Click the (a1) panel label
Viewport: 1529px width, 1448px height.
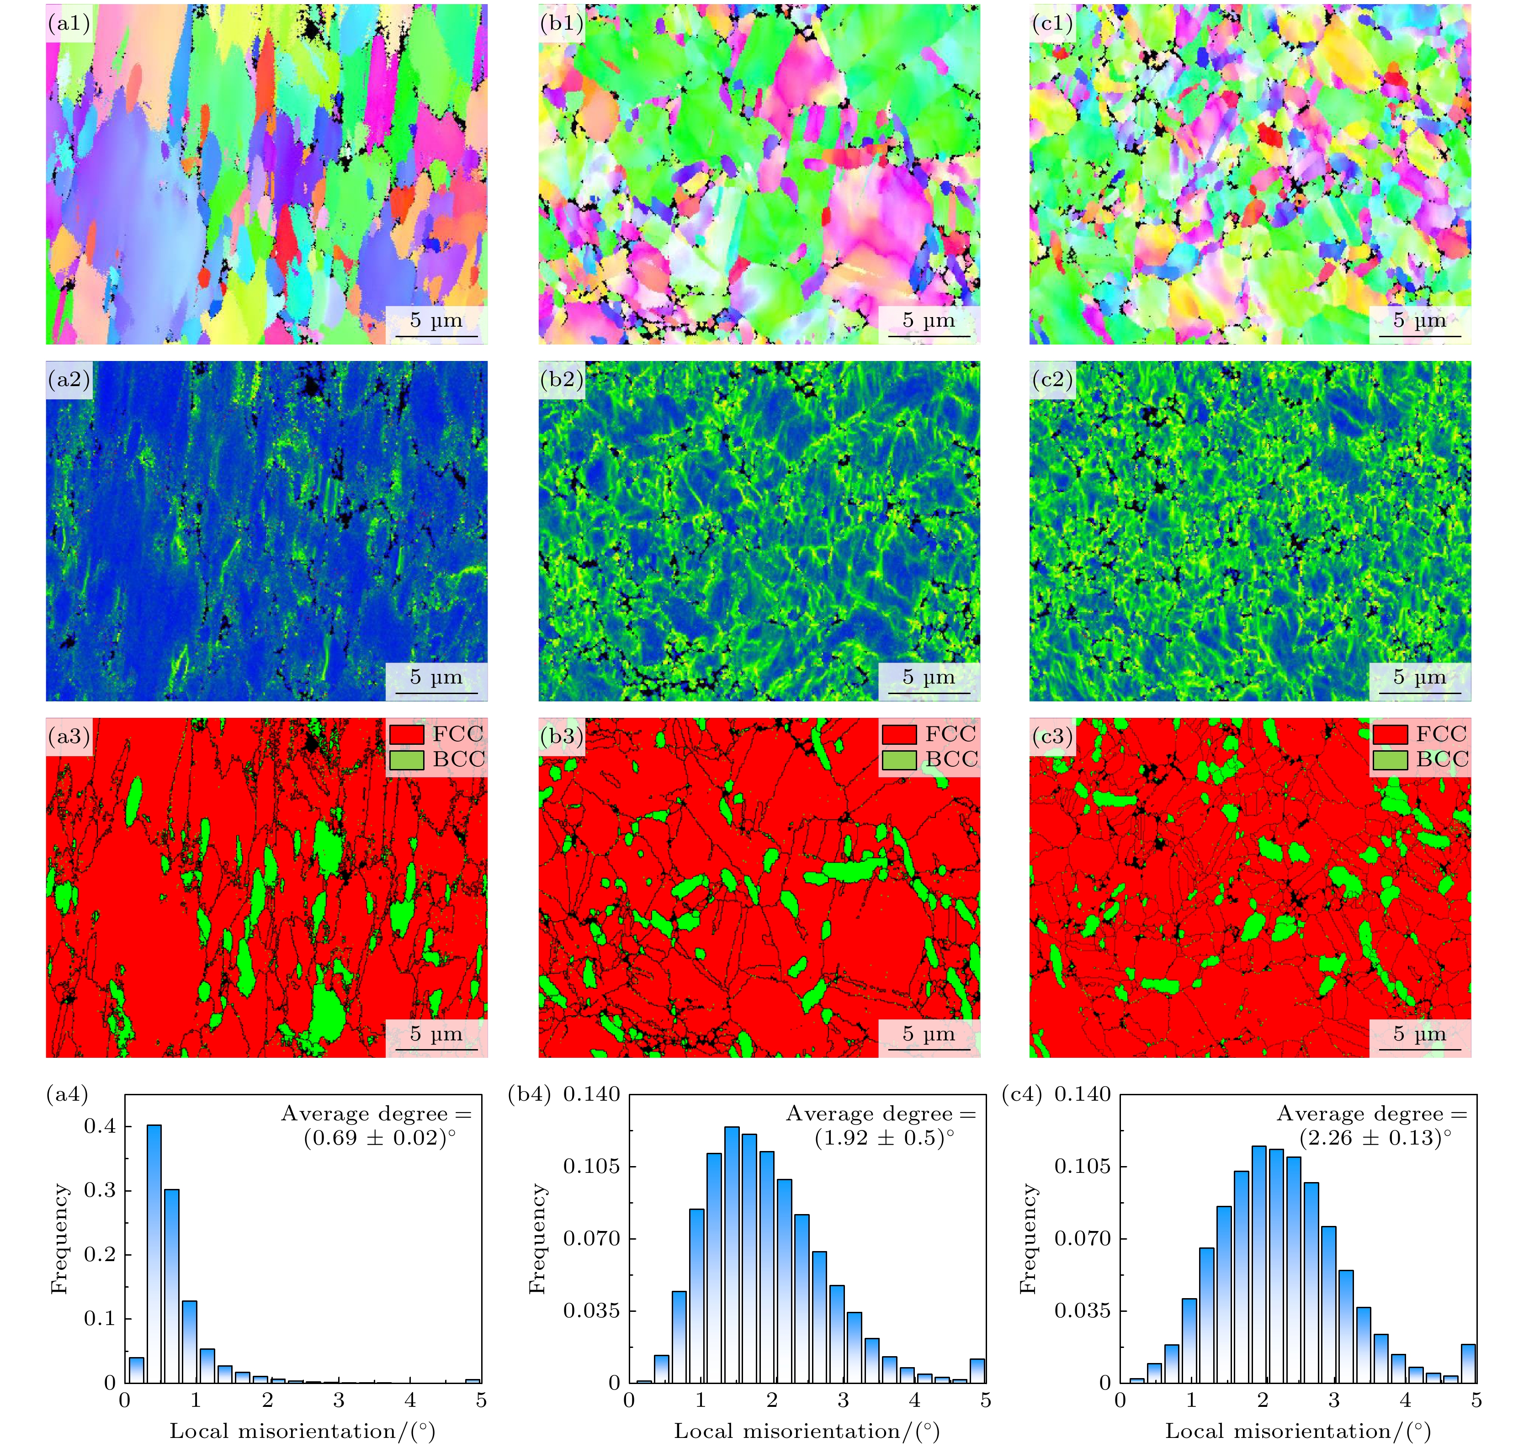[69, 24]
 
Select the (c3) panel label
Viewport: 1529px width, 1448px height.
[1052, 737]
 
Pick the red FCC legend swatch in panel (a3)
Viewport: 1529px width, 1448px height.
[406, 734]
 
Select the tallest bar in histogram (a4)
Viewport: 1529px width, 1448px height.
[154, 1254]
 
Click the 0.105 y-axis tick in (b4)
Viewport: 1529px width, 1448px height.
[591, 1166]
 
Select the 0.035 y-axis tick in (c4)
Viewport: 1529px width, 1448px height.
[1083, 1310]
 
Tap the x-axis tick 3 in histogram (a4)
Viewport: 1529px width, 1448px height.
[339, 1401]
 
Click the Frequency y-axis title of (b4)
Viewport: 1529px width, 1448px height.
[537, 1239]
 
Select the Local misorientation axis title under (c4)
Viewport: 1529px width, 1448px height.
[1298, 1432]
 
